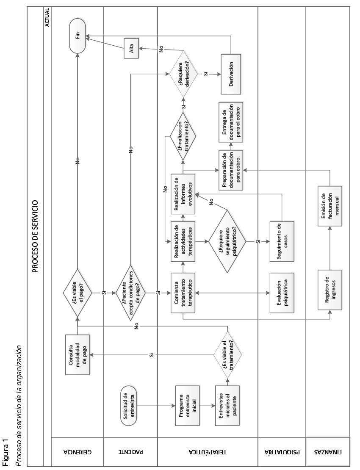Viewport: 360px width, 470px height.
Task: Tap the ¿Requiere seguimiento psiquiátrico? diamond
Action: click(x=230, y=242)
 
